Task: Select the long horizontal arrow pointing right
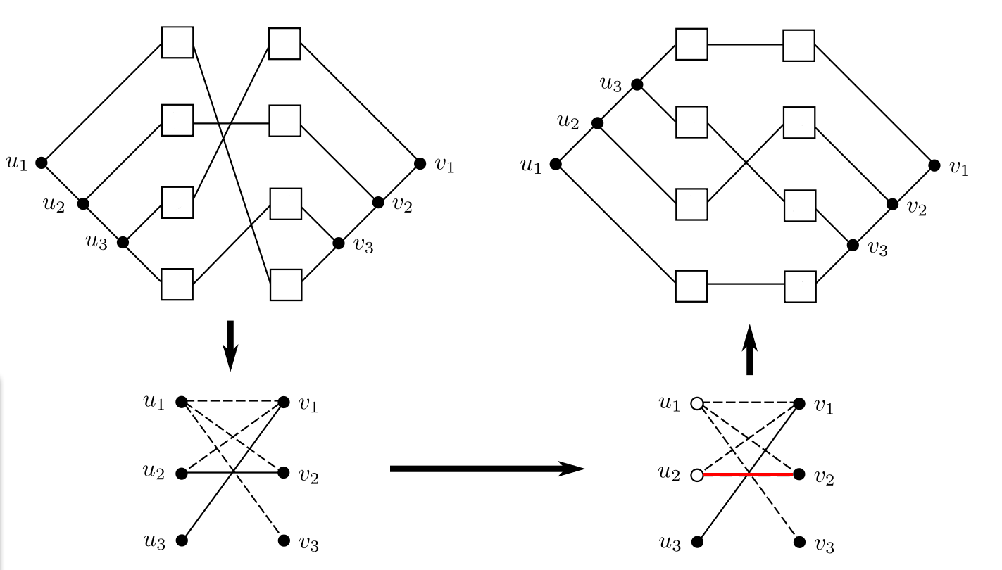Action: tap(486, 469)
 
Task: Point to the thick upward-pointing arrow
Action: tap(750, 350)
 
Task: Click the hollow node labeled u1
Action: tap(697, 403)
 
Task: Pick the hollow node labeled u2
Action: tap(697, 475)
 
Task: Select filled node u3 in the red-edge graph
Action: tap(697, 542)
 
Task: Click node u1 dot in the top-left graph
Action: tap(42, 163)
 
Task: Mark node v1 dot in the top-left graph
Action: tap(420, 163)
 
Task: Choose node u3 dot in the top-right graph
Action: tap(637, 84)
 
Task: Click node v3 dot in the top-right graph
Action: tap(853, 246)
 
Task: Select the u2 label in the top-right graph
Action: tap(568, 121)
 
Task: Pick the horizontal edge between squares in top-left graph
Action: tap(231, 123)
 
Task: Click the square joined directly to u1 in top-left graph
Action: tap(177, 42)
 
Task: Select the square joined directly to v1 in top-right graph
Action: tap(799, 45)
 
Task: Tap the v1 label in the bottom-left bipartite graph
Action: tap(307, 405)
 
